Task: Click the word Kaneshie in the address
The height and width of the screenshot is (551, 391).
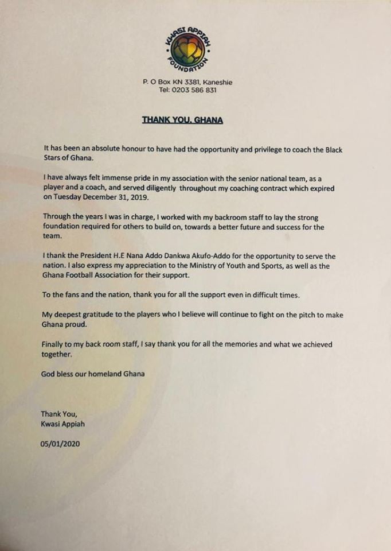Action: (218, 82)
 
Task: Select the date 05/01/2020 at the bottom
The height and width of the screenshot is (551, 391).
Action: (60, 444)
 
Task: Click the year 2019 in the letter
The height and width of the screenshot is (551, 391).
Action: (136, 196)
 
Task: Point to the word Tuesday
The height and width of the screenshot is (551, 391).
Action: (67, 196)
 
